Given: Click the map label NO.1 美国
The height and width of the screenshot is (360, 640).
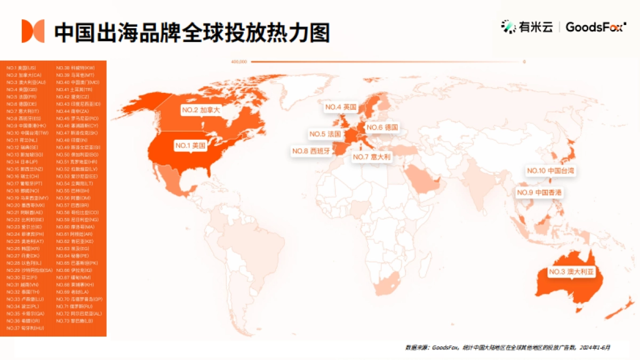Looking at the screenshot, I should pyautogui.click(x=190, y=145).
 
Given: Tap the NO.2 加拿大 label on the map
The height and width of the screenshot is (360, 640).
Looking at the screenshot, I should pyautogui.click(x=201, y=110).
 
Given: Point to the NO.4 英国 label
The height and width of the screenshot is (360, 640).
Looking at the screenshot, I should pyautogui.click(x=340, y=107).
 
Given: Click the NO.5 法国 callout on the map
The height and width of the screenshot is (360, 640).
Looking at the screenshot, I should pyautogui.click(x=325, y=134).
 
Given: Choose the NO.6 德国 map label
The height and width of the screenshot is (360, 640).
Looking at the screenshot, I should pyautogui.click(x=382, y=127).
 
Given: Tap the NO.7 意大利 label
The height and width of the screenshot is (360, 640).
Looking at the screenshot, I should pyautogui.click(x=372, y=157).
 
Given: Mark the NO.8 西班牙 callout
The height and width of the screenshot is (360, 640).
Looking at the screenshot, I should pyautogui.click(x=311, y=151).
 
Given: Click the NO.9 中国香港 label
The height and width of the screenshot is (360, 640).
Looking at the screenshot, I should pyautogui.click(x=540, y=192).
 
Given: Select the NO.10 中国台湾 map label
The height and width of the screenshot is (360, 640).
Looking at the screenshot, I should pyautogui.click(x=551, y=171).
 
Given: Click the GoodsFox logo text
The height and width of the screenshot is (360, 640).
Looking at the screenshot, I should pyautogui.click(x=594, y=27).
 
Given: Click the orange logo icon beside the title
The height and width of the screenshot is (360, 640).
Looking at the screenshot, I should pyautogui.click(x=33, y=31).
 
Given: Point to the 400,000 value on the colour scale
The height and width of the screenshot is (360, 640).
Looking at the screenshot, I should pyautogui.click(x=239, y=62).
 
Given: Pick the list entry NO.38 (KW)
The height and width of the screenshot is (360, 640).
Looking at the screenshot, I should pyautogui.click(x=75, y=68).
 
